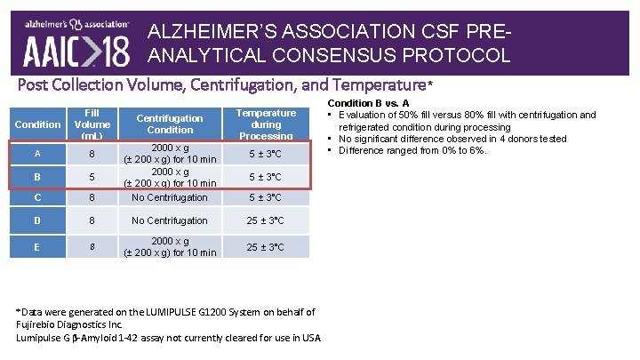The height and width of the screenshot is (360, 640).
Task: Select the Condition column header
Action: click(38, 124)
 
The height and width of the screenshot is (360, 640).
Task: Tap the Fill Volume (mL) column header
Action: click(92, 124)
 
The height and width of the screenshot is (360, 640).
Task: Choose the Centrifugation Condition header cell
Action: click(170, 124)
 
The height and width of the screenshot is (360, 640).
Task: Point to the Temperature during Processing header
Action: click(266, 124)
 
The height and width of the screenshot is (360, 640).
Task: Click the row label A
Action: click(37, 153)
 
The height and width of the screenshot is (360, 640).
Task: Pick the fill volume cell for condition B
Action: click(92, 176)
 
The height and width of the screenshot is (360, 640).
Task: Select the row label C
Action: click(37, 197)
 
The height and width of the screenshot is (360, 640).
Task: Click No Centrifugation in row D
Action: click(170, 220)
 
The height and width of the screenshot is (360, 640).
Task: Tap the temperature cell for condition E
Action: click(266, 246)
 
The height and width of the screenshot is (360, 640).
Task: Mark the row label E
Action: click(37, 246)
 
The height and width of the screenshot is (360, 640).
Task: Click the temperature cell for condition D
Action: click(266, 220)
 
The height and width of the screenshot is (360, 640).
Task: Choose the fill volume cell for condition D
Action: click(92, 220)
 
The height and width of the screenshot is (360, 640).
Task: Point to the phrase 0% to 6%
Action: click(463, 150)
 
